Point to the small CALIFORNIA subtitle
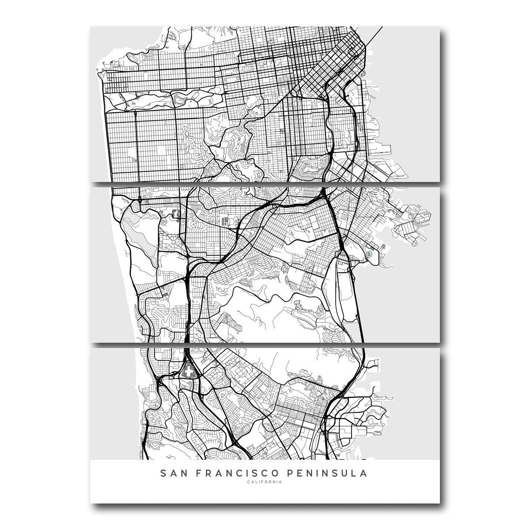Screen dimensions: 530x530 tap(265, 482)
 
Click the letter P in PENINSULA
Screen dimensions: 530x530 tap(291, 473)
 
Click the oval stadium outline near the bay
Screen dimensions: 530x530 tap(369, 254)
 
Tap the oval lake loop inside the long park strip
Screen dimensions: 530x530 tap(181, 101)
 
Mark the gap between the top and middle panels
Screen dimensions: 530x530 tap(265, 184)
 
